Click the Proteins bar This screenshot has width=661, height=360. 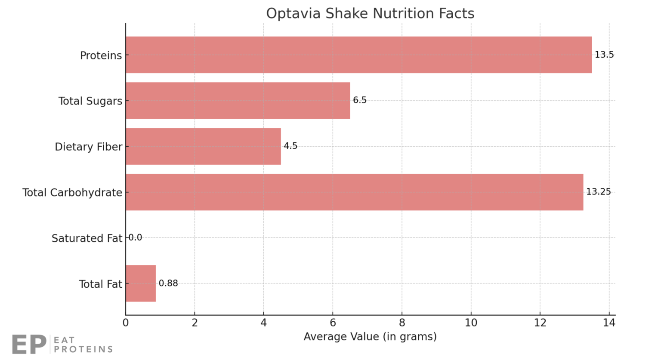358,55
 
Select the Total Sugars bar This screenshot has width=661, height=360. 238,101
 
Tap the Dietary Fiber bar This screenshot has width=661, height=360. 203,146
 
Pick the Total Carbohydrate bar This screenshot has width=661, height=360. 354,192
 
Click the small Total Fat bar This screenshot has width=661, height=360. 141,283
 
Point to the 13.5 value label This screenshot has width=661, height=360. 604,55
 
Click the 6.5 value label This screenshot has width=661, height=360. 360,100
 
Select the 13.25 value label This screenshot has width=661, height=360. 598,192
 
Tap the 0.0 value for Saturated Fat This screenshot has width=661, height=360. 136,237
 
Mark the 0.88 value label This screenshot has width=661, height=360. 168,283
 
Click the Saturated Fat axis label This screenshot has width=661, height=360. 87,238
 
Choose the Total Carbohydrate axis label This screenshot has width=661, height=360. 72,192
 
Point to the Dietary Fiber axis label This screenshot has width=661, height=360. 89,147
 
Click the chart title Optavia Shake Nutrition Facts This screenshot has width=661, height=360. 370,13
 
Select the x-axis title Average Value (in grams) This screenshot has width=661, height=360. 370,336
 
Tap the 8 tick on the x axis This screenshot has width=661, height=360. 402,323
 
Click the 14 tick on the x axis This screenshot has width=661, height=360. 609,323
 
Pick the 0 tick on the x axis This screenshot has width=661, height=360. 126,323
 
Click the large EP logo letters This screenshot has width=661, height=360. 29,344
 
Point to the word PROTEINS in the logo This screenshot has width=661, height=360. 83,349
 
